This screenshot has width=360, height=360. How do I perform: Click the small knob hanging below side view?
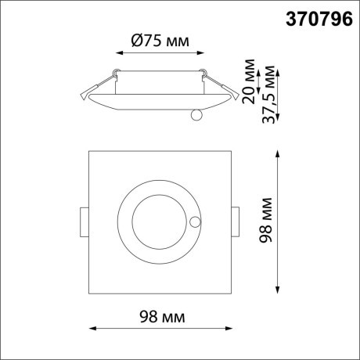[x=196, y=116]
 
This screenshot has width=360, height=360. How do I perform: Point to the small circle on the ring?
[x=194, y=222]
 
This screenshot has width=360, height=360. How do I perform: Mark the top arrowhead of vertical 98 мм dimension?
[x=280, y=150]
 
